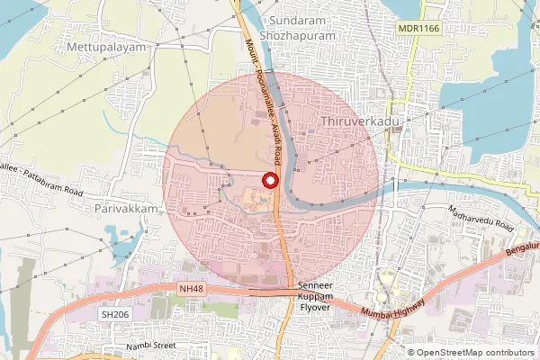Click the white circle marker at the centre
[x=267, y=180]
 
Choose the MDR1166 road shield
[x=417, y=30]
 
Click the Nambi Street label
[x=151, y=344]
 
